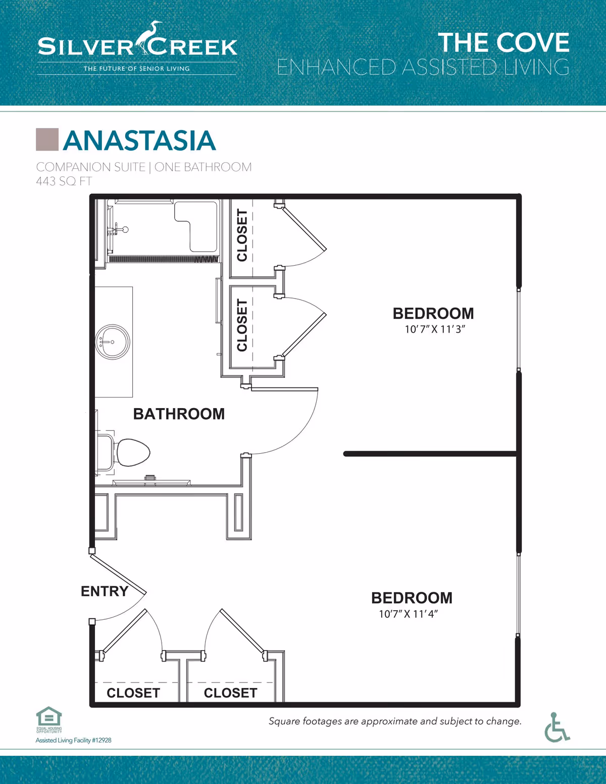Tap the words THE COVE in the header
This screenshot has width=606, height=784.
(x=503, y=43)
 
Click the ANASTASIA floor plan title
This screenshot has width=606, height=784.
(x=139, y=140)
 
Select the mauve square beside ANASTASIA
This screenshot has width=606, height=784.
(x=47, y=139)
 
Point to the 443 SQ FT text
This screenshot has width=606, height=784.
(x=64, y=181)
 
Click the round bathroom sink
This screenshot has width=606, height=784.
(x=113, y=342)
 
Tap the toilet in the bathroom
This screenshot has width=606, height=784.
(x=132, y=452)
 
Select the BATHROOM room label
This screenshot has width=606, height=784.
(x=179, y=414)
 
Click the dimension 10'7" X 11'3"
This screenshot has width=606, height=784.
(x=434, y=329)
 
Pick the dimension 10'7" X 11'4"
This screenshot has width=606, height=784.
(x=408, y=614)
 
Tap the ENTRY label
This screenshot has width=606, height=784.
(x=104, y=591)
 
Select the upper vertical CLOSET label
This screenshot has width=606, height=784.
(x=242, y=235)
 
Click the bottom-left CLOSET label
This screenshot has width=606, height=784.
(x=133, y=693)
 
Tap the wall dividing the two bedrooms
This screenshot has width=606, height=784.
(x=429, y=454)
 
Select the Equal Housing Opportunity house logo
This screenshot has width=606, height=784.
(x=49, y=718)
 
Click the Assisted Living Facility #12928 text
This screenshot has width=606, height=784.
(x=73, y=740)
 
